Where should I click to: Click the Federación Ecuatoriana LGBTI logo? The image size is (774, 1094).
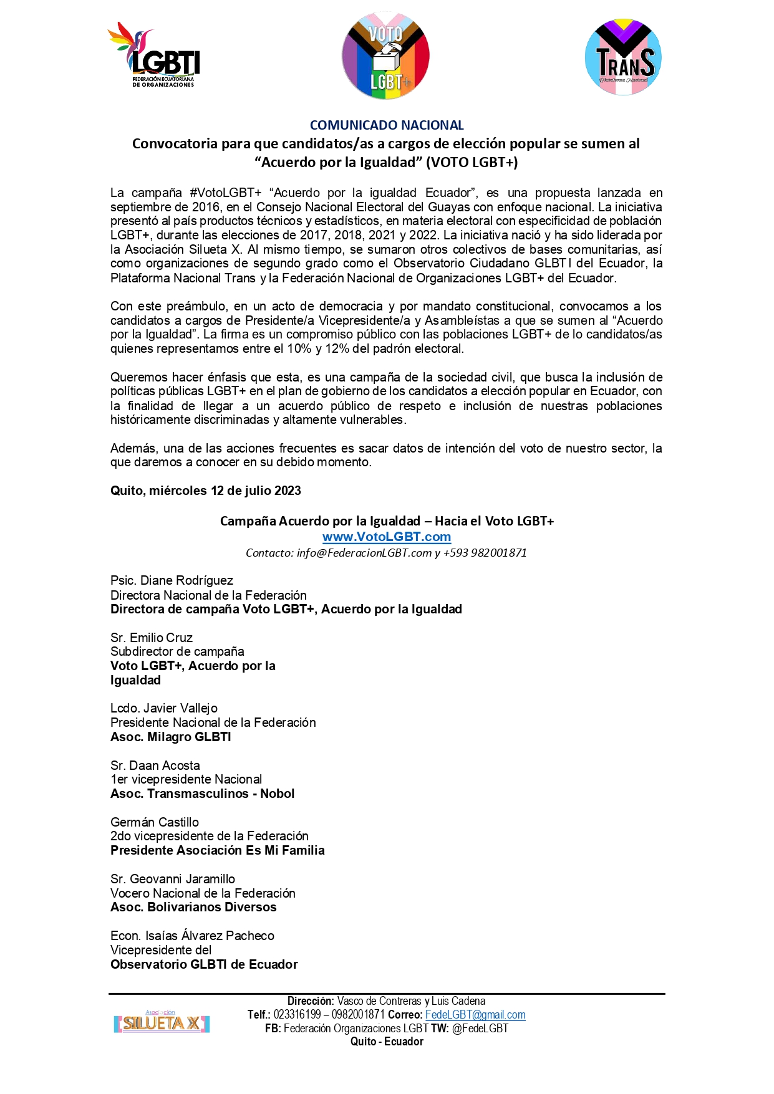click(155, 55)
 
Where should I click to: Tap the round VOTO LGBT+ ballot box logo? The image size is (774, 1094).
click(385, 55)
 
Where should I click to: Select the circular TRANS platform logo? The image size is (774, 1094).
click(623, 57)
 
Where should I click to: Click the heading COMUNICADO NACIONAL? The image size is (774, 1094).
click(387, 125)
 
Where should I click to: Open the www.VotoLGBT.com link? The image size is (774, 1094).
click(387, 537)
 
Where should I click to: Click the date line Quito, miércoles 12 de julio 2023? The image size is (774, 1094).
click(206, 491)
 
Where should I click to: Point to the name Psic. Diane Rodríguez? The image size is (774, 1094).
click(172, 580)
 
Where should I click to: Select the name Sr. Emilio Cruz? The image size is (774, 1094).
click(152, 638)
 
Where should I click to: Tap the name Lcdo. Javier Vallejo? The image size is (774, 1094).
click(164, 708)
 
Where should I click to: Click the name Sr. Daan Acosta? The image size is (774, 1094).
click(155, 765)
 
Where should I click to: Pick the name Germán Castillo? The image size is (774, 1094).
click(155, 822)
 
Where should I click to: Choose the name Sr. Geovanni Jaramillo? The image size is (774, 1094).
click(173, 879)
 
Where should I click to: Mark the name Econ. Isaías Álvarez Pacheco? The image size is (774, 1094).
click(192, 936)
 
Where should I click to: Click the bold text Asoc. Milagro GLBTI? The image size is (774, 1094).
click(171, 737)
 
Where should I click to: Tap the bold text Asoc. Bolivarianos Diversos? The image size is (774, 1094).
click(193, 907)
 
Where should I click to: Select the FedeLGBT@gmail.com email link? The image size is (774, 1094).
click(475, 1015)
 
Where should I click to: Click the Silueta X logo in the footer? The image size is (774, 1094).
click(162, 1022)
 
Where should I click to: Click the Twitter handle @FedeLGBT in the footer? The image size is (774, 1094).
click(480, 1029)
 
